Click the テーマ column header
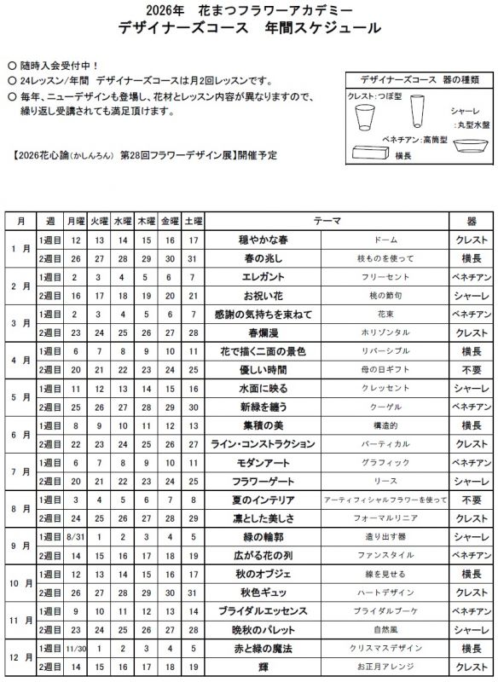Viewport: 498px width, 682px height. [x=327, y=221]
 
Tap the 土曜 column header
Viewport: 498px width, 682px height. [x=194, y=221]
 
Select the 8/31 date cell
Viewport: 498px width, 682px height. [x=76, y=537]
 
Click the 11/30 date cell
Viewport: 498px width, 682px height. [x=76, y=648]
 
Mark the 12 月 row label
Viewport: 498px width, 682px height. [x=20, y=657]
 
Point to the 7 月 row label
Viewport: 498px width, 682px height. [x=20, y=472]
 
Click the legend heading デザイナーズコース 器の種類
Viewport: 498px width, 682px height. [x=419, y=79]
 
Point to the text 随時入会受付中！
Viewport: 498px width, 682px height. [x=59, y=65]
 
